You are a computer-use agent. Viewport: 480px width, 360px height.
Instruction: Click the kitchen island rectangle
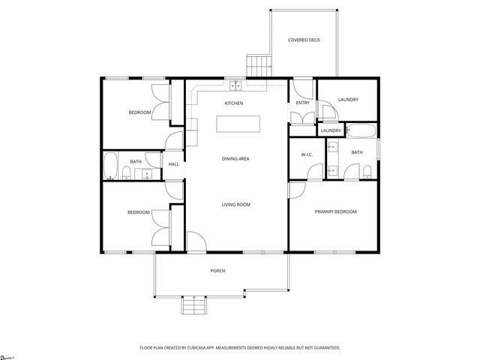click(235, 124)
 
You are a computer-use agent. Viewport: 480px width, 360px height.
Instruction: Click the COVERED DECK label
click(304, 40)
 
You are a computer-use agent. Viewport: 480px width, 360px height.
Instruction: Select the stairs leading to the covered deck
click(259, 65)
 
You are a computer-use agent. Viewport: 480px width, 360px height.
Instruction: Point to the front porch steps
click(193, 306)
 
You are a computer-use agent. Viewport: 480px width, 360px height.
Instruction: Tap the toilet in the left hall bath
click(127, 175)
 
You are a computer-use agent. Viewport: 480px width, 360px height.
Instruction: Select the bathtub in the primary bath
click(363, 131)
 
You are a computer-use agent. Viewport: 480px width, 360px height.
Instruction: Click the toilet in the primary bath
click(367, 173)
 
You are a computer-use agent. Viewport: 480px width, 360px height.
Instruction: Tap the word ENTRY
click(302, 103)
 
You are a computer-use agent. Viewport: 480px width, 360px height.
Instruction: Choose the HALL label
click(173, 164)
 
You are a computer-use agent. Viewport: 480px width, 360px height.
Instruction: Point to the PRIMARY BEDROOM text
click(335, 212)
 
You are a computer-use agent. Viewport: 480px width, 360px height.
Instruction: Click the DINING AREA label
click(235, 159)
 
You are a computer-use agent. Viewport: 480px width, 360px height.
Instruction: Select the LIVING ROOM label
click(235, 205)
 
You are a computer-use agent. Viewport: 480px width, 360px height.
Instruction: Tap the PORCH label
click(217, 271)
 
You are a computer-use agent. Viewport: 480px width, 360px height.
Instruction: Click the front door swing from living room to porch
click(195, 241)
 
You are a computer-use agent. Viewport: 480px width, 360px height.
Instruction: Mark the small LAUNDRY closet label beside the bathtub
click(331, 131)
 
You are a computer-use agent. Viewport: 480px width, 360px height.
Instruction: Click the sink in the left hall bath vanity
click(147, 174)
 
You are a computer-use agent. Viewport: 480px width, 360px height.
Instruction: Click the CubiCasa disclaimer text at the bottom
click(240, 348)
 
